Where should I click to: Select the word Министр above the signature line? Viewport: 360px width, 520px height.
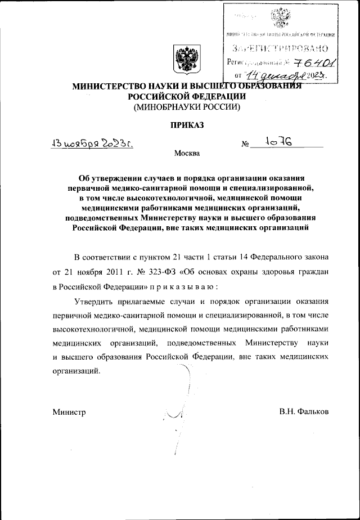69,413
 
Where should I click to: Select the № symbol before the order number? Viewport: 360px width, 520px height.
245,145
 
